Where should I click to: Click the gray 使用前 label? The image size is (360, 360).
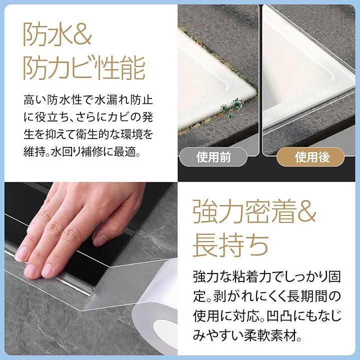coord(213,157)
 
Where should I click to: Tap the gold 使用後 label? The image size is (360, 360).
coord(310,157)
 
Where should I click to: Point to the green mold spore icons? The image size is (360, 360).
coord(230,107)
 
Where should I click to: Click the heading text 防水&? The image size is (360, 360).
coord(57,34)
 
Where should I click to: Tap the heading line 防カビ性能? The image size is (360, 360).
coord(84,67)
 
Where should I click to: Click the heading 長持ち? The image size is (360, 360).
coord(230,245)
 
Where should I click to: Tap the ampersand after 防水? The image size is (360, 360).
coord(82,35)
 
